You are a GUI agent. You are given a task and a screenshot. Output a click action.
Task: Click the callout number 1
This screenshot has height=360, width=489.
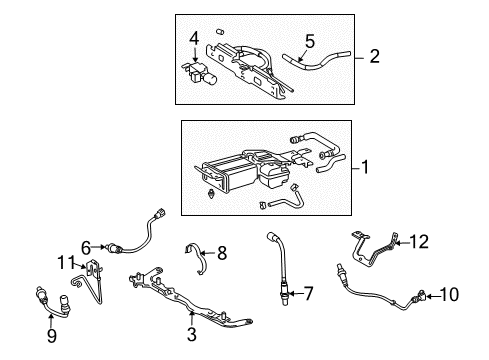click(x=365, y=169)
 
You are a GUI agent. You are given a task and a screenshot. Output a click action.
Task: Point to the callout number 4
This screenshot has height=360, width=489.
click(x=195, y=40)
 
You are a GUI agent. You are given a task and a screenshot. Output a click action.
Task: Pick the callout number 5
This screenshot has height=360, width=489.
click(x=309, y=42)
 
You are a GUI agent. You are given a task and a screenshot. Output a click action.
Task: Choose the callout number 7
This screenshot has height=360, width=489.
click(x=308, y=293)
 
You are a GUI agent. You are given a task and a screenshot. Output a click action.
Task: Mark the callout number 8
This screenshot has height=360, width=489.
click(x=221, y=254)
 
